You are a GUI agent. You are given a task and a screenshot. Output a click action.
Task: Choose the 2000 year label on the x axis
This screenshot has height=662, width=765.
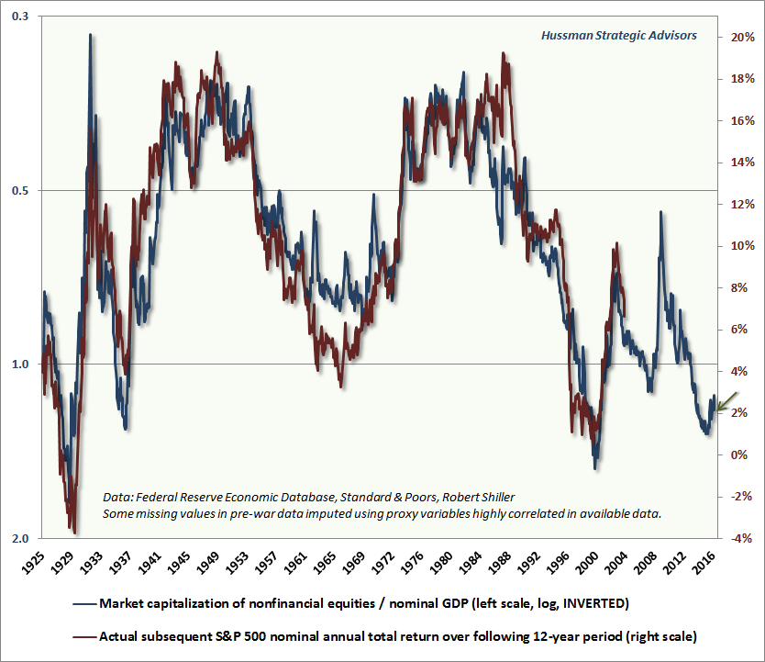[x=594, y=563]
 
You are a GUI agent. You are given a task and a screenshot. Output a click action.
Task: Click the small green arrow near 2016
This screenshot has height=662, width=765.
[x=726, y=401]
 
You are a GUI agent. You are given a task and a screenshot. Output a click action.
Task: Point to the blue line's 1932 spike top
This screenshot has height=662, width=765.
[x=90, y=35]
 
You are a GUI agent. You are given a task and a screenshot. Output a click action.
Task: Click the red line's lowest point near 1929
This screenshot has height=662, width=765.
[x=73, y=531]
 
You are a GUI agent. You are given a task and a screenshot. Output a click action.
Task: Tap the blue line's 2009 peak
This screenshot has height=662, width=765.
[x=659, y=212]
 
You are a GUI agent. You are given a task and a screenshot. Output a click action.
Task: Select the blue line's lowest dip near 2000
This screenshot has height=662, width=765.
[x=594, y=468]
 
